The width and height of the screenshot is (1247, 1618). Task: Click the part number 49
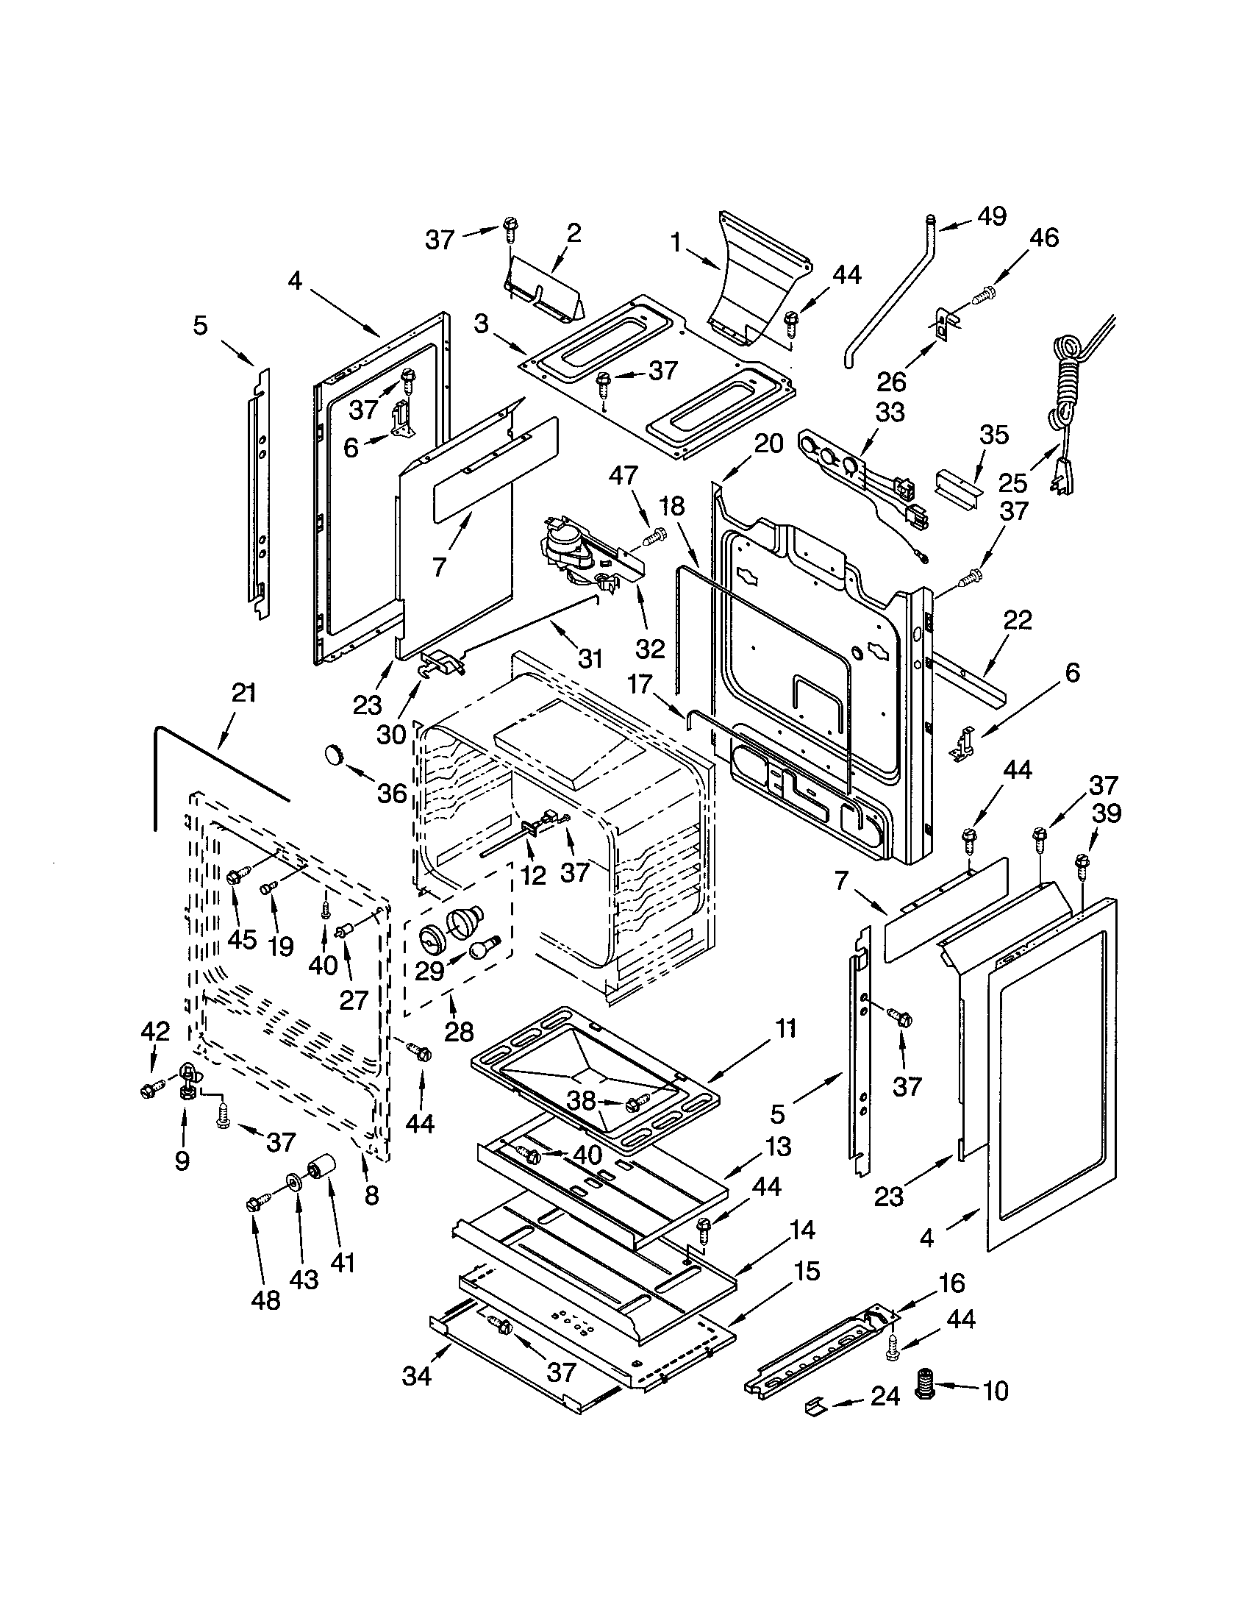click(992, 216)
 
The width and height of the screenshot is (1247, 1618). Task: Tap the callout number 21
click(243, 694)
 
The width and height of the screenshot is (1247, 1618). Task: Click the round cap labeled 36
click(336, 756)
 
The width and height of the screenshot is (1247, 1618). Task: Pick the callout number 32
click(650, 648)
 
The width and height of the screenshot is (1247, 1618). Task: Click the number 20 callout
click(768, 443)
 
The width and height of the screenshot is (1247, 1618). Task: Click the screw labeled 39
click(1082, 863)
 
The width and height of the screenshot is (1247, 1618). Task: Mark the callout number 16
click(951, 1282)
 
